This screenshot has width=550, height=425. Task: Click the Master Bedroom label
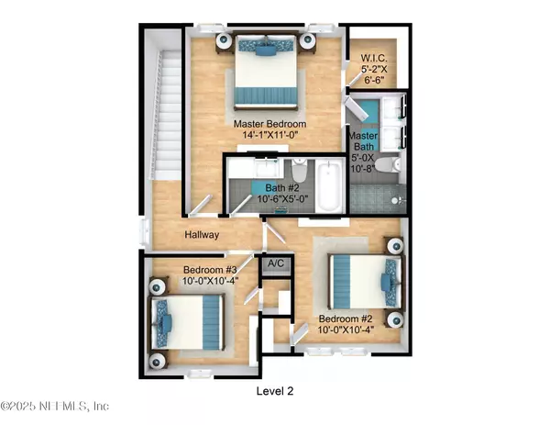coord(269,124)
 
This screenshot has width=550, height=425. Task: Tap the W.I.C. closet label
coord(374,58)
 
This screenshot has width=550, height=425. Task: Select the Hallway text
coord(202,235)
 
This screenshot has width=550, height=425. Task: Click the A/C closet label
coord(276,263)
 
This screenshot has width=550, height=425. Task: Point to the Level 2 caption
coord(275,391)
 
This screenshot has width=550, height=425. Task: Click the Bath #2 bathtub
coord(328,185)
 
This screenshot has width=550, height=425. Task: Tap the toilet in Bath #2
coord(299,171)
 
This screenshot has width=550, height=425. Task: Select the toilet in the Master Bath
coord(388,164)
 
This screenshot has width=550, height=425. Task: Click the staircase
coord(166,114)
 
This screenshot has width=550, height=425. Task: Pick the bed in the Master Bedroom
coord(266,72)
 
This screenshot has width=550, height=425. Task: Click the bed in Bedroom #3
coord(187,322)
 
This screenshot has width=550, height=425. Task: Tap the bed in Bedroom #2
coord(366,282)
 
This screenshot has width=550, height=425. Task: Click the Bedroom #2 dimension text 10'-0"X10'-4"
coord(346,330)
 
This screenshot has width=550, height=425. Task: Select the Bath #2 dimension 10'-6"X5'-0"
coord(282,199)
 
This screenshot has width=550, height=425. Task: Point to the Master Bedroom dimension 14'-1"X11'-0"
coord(270,135)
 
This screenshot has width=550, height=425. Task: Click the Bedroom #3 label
coord(210,270)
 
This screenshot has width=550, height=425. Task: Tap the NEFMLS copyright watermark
coord(55,406)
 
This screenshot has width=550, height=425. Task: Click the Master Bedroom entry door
coord(201,205)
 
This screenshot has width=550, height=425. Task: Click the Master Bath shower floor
coord(378,198)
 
